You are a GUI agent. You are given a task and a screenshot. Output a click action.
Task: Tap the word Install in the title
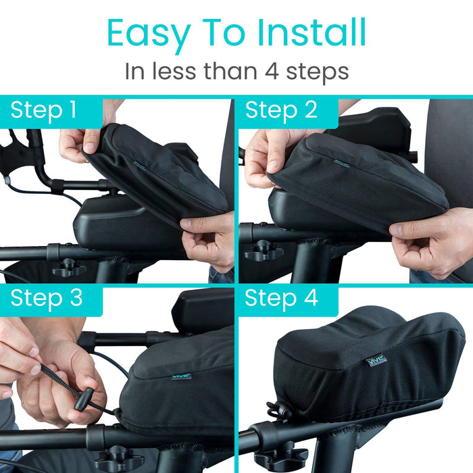[x=312, y=32]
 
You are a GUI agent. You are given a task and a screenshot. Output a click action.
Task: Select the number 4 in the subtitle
[x=272, y=72]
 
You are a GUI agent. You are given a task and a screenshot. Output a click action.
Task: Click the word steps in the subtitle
[x=318, y=73]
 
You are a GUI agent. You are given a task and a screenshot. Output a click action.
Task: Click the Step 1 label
[x=43, y=110]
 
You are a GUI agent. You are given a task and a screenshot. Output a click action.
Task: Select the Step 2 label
[x=281, y=110]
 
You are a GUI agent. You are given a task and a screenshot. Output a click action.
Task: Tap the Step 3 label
[x=46, y=299]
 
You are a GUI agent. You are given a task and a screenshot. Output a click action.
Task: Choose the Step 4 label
[x=281, y=299]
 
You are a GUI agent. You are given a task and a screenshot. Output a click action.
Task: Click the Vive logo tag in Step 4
[x=376, y=360]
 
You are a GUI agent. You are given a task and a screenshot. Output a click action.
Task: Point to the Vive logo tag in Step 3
[x=182, y=376]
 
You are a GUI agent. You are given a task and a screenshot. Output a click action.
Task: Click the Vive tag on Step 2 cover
[x=342, y=164]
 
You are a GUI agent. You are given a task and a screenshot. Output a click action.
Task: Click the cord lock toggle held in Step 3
[x=84, y=399]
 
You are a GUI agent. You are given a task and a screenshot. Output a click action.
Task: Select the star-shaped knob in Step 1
[x=70, y=268]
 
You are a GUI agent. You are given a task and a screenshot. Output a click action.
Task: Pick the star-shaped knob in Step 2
[x=264, y=250]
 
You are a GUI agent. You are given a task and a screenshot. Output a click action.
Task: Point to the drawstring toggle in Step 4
[x=277, y=411]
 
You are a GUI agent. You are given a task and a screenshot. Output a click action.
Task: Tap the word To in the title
[x=224, y=32]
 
